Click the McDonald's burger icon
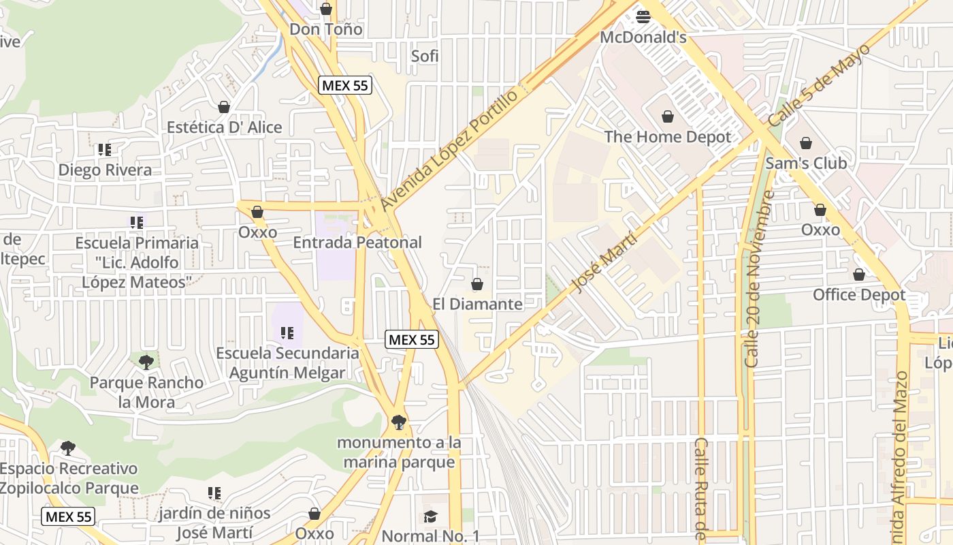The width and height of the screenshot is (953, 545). pos(643,16)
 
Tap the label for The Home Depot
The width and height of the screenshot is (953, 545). pos(667,137)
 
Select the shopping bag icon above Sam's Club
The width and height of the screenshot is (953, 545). pos(806,143)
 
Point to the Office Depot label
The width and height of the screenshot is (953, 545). pos(859,295)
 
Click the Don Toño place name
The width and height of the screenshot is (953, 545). pos(325,29)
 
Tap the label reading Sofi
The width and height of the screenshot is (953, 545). pos(425,56)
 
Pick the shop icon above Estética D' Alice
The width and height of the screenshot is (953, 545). pos(224,107)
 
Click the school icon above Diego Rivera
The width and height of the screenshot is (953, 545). pos(104,149)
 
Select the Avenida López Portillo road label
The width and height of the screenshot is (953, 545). pos(449,150)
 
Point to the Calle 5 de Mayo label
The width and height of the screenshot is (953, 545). pos(820,85)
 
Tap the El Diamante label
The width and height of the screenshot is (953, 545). pos(477,304)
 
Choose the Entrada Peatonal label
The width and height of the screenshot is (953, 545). pos(357,243)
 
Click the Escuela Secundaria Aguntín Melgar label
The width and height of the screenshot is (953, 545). pos(287,362)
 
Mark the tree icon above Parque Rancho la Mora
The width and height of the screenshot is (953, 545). pos(146,362)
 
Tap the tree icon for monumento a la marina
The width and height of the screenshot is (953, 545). pos(399,422)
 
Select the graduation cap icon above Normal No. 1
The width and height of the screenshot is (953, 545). pos(430,516)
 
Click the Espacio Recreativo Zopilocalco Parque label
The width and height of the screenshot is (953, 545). pos(69,478)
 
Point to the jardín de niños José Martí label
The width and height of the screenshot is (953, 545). pos(214,523)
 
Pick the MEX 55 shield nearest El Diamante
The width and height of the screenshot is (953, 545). pos(410,339)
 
